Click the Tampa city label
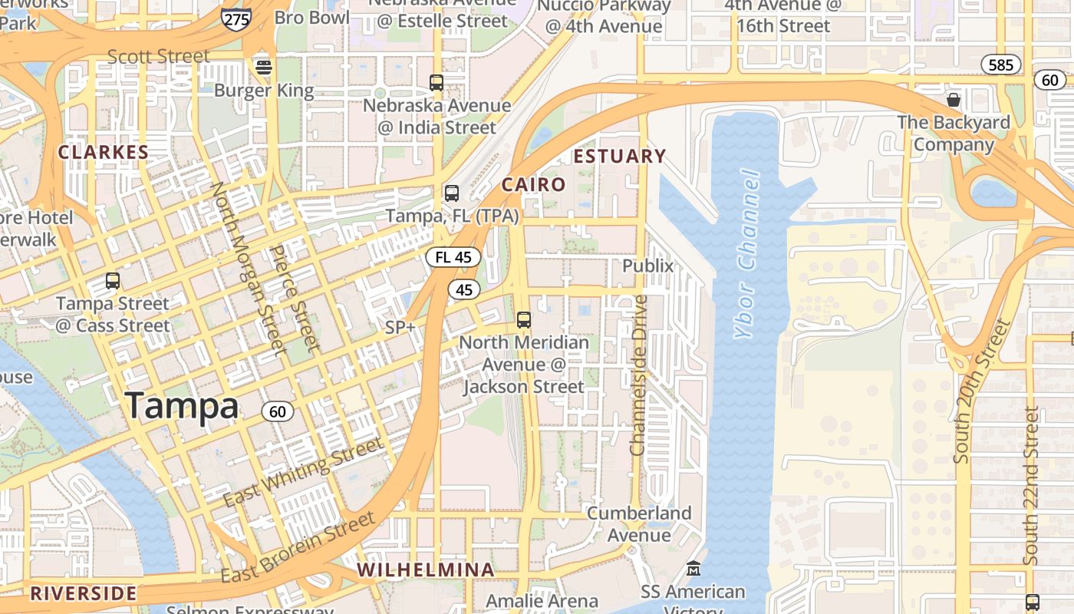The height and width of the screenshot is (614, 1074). [x=182, y=406]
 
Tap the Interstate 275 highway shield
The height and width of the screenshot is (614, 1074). [x=236, y=18]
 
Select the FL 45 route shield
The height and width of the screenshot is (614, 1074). [x=453, y=257]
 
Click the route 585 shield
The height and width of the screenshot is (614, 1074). [x=1001, y=64]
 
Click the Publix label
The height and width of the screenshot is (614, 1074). [x=647, y=266]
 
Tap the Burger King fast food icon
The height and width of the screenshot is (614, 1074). [x=264, y=68]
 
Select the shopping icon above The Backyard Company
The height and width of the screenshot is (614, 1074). [x=954, y=100]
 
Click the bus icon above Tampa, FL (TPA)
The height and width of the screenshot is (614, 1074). [x=452, y=193]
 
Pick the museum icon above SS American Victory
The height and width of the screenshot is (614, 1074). [x=693, y=569]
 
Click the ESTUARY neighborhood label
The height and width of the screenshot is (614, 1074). [x=620, y=157]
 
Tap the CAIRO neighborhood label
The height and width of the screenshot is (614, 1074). [x=533, y=185]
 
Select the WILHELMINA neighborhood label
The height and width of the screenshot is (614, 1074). [x=426, y=570]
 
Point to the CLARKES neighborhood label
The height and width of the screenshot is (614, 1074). [x=103, y=153]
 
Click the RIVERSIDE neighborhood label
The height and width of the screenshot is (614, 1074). [x=83, y=593]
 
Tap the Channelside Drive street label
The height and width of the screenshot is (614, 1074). [x=639, y=375]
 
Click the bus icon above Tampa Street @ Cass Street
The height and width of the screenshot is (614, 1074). [x=113, y=281]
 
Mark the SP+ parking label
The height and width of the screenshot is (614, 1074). [x=400, y=328]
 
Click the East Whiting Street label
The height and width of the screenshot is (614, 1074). [x=302, y=473]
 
